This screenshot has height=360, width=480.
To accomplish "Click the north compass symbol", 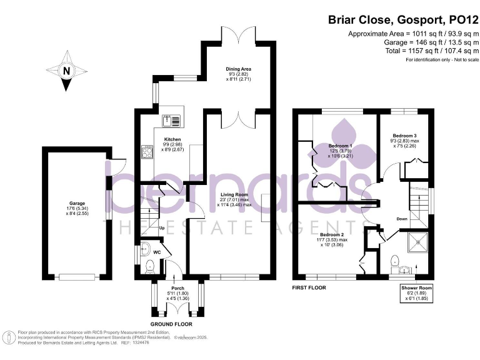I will (x=66, y=71).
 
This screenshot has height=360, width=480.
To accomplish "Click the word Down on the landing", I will (x=402, y=219).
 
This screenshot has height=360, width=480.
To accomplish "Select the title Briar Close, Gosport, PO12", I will (x=401, y=19).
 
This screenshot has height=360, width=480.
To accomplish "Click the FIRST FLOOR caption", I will (x=309, y=288).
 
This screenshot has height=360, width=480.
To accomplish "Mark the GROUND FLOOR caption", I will (x=172, y=324).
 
